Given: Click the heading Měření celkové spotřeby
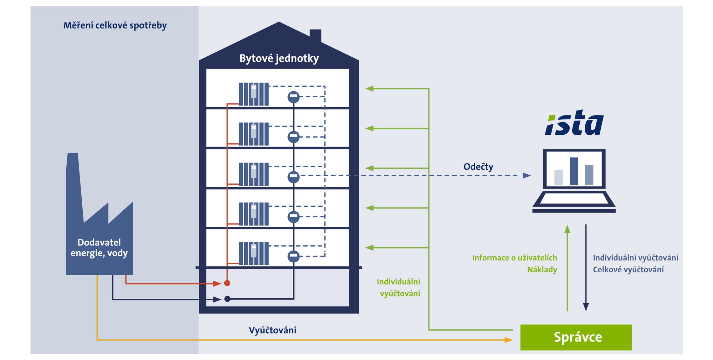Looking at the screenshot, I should [115, 25].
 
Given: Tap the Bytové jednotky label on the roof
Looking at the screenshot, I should [279, 58].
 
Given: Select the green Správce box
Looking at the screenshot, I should [576, 337].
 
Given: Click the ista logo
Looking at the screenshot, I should [574, 123].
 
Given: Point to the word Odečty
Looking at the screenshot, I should [478, 166].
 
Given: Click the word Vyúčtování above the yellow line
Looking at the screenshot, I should [272, 330].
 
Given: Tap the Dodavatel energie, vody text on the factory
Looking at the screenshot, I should [99, 248].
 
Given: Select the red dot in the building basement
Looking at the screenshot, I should [227, 283].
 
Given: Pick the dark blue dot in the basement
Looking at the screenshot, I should [227, 299].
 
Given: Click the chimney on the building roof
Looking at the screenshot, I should [316, 36].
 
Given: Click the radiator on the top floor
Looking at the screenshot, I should [253, 94].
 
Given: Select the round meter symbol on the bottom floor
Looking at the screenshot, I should [293, 256].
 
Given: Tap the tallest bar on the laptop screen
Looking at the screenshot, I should [574, 171].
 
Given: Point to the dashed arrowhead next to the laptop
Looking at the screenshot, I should [527, 175].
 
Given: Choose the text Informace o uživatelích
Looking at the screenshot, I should [514, 258].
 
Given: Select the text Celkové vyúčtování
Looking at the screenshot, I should [628, 269].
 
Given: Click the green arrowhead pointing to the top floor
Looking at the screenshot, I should [369, 89].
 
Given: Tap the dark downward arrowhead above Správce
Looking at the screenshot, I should [586, 307].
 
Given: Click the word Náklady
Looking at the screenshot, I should [542, 269].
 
